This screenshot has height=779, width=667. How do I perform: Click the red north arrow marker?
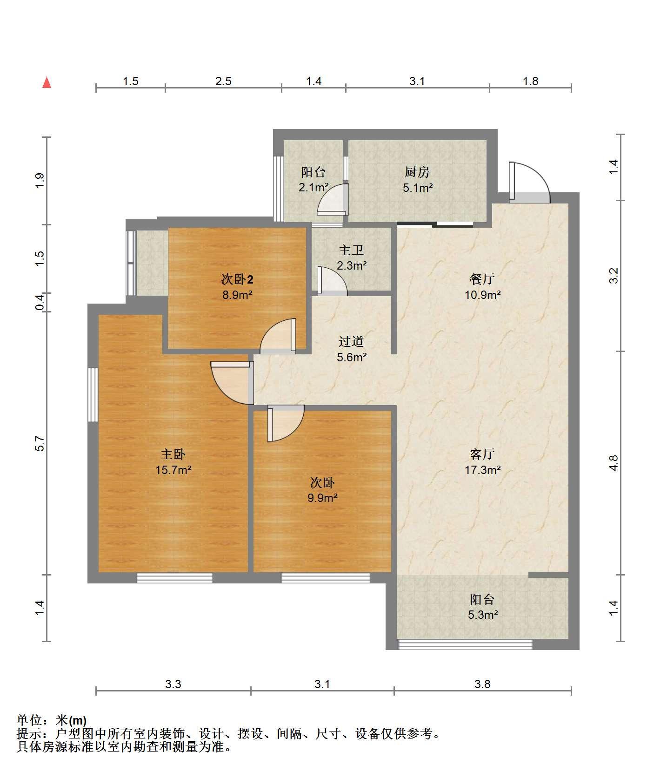(x=47, y=82)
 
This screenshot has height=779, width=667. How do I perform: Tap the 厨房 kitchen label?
(x=417, y=172)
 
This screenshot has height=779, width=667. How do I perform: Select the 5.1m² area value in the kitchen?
(x=418, y=188)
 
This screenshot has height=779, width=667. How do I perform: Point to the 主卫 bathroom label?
(x=351, y=250)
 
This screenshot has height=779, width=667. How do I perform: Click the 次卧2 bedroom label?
(x=237, y=279)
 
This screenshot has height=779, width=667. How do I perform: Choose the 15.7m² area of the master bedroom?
(x=173, y=470)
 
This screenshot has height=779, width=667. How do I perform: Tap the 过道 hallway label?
(x=351, y=342)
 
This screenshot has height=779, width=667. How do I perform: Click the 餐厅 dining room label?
(x=482, y=279)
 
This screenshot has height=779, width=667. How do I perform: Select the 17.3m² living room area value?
(x=482, y=470)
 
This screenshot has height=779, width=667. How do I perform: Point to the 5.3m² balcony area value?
(x=483, y=615)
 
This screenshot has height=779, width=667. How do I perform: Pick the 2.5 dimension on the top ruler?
(x=223, y=81)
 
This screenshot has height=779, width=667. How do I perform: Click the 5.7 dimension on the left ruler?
(x=40, y=443)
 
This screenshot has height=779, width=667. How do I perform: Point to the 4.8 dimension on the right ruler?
(x=614, y=462)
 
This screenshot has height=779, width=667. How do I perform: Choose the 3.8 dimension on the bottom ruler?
(x=482, y=684)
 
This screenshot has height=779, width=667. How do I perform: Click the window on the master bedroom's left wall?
(x=93, y=395)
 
